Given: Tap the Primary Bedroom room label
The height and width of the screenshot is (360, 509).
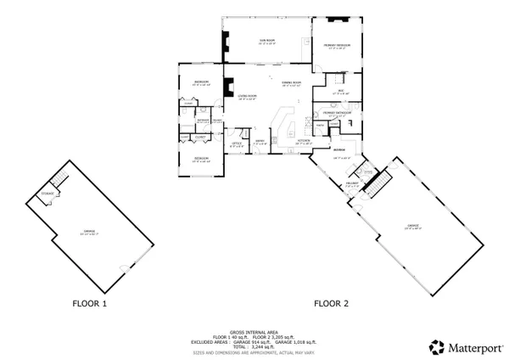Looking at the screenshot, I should click(337, 46).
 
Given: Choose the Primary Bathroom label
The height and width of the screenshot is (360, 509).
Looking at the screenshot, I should click(337, 114).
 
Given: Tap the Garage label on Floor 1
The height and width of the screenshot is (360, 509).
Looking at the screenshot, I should click(89, 232).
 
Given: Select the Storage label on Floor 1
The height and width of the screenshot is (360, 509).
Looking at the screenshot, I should click(46, 194).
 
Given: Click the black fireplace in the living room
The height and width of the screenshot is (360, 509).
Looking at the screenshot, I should click(227, 86).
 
